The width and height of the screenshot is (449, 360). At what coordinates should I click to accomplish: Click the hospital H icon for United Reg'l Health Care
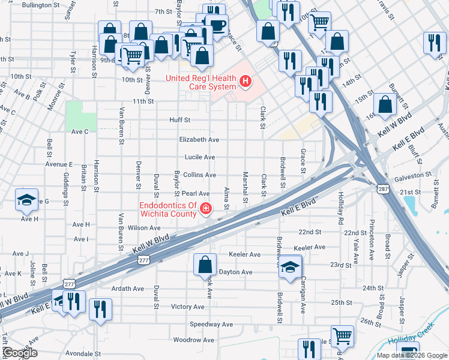[x=245, y=81]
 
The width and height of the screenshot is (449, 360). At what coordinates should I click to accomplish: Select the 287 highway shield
[x=382, y=189]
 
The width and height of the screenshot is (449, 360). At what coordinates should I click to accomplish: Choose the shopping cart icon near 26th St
[x=342, y=336]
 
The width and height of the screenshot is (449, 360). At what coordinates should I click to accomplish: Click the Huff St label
[x=179, y=120]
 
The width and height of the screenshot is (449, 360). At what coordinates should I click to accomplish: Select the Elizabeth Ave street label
[x=199, y=139]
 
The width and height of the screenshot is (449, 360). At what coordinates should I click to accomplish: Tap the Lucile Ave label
[x=199, y=157]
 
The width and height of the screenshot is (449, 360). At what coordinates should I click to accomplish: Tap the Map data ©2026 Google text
[x=411, y=355]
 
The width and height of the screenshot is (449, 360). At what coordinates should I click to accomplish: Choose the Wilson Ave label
[x=144, y=228]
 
